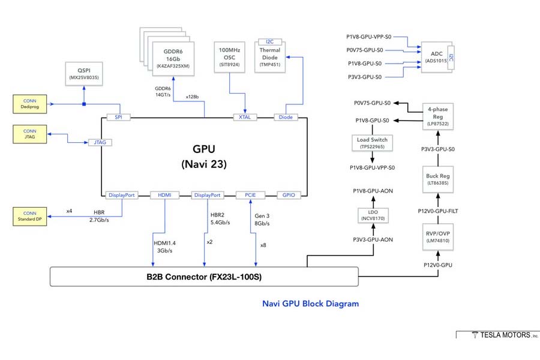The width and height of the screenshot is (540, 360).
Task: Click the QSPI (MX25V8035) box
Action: point(84,73)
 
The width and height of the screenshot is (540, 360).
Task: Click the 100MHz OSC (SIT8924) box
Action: point(231,57)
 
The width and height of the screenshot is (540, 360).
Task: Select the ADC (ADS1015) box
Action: point(436,57)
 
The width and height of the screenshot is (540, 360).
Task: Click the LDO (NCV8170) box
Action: point(372,214)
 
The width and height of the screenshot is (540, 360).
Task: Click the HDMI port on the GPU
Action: point(164,195)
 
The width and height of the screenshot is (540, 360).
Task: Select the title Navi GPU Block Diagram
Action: point(310,304)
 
